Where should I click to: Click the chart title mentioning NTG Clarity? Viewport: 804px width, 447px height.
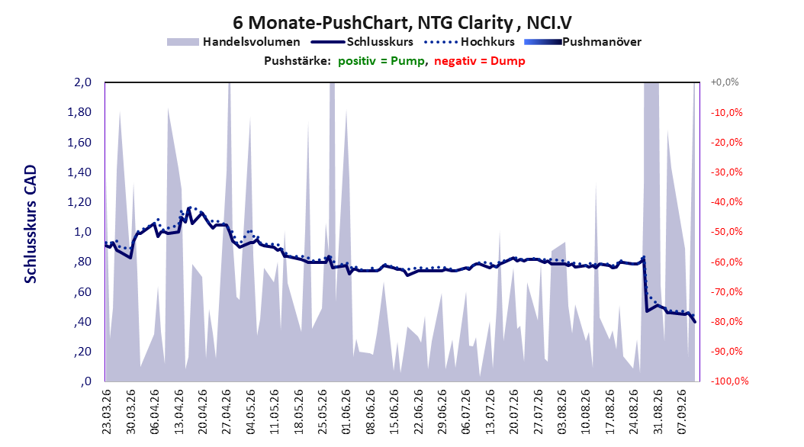(x=402, y=23)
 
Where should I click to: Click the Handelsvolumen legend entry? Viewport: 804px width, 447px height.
(x=233, y=42)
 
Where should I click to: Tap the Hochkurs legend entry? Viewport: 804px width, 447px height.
(x=469, y=42)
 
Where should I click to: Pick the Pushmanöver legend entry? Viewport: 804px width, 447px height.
(x=583, y=42)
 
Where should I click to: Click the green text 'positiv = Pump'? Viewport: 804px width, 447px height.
(x=381, y=61)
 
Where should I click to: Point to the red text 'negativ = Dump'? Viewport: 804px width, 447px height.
(x=480, y=61)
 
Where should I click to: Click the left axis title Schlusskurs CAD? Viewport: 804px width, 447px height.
(x=31, y=224)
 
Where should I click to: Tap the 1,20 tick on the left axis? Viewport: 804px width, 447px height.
(x=79, y=202)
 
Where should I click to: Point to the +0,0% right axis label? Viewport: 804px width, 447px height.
(x=725, y=82)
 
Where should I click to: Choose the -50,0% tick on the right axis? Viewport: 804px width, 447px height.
(x=726, y=232)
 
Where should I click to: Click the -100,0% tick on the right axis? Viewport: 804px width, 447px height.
(x=729, y=381)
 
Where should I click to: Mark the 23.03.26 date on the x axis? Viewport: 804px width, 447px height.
(x=106, y=412)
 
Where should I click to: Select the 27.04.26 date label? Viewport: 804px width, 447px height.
(x=227, y=412)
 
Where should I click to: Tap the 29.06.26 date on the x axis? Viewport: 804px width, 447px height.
(x=442, y=412)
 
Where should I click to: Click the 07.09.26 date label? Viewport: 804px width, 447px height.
(x=681, y=412)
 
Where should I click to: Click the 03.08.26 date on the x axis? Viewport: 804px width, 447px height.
(x=562, y=412)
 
